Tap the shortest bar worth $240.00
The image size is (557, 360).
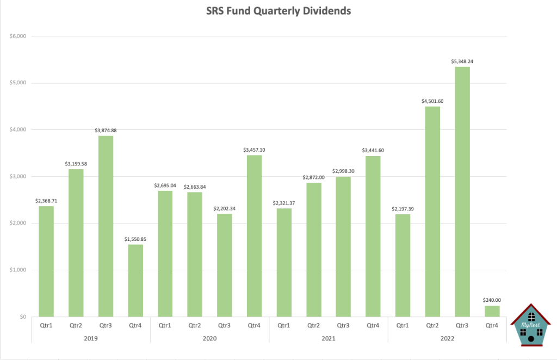pyautogui.click(x=492, y=311)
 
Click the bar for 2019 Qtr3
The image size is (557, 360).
pyautogui.click(x=106, y=226)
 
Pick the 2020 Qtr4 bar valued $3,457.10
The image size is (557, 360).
pyautogui.click(x=254, y=235)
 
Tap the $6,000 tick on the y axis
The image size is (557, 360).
pyautogui.click(x=18, y=36)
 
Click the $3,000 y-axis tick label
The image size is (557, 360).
pyautogui.click(x=18, y=177)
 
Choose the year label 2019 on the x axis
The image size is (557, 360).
pyautogui.click(x=90, y=338)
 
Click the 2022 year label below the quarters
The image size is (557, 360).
pyautogui.click(x=447, y=338)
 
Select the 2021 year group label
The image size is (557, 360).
pyautogui.click(x=328, y=338)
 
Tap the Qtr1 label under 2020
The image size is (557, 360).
pyautogui.click(x=165, y=326)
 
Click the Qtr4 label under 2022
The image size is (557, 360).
pyautogui.click(x=492, y=326)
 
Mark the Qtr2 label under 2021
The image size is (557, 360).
pyautogui.click(x=313, y=326)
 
